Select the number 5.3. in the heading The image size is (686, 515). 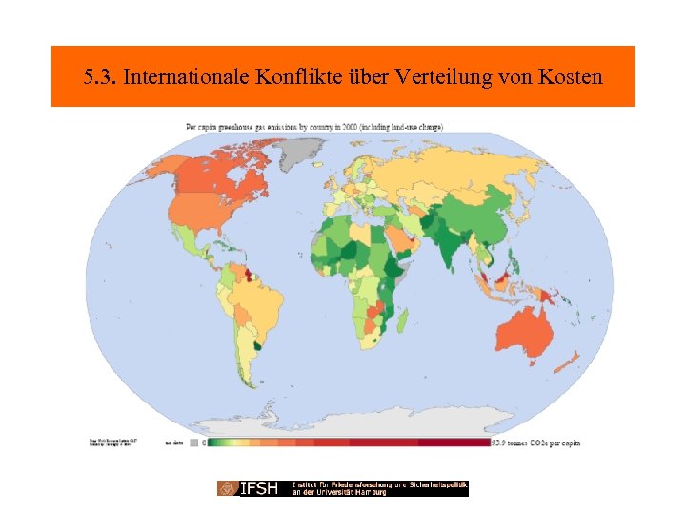100,76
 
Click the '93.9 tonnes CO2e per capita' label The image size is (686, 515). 536,443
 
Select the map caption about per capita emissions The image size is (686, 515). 314,127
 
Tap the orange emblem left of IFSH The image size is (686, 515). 228,488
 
